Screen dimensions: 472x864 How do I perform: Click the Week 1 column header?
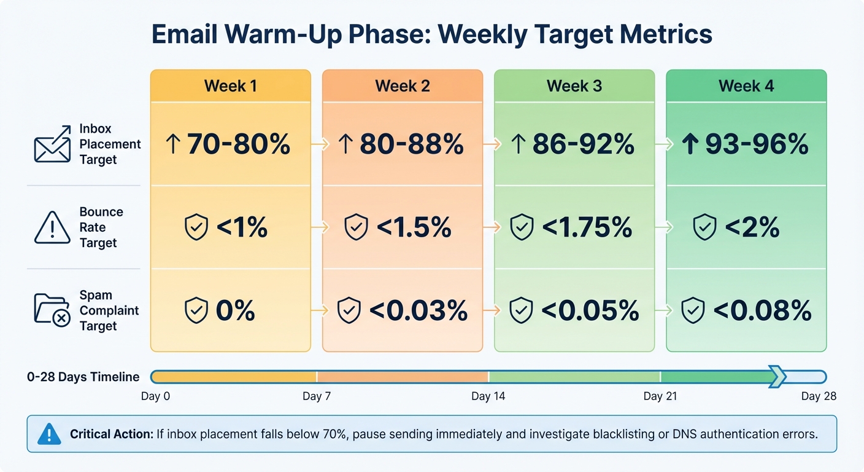pyautogui.click(x=230, y=86)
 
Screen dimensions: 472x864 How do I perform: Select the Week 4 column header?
pyautogui.click(x=746, y=86)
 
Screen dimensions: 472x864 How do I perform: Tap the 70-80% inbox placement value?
pyautogui.click(x=238, y=144)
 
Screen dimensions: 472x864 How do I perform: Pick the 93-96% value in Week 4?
pyautogui.click(x=756, y=144)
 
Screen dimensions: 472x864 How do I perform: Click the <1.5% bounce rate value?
pyautogui.click(x=414, y=227)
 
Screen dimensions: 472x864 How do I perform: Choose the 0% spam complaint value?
pyautogui.click(x=235, y=310)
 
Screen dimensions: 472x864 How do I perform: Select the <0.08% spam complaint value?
pyautogui.click(x=762, y=310)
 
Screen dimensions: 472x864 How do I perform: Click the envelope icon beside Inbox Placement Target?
pyautogui.click(x=52, y=144)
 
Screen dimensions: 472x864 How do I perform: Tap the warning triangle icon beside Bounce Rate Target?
pyautogui.click(x=52, y=228)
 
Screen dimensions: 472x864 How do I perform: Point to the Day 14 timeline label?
pyautogui.click(x=488, y=396)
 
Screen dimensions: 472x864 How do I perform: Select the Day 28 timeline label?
pyautogui.click(x=819, y=396)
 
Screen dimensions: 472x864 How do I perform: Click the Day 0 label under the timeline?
pyautogui.click(x=155, y=396)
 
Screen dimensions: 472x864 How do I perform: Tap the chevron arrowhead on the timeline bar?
pyautogui.click(x=777, y=377)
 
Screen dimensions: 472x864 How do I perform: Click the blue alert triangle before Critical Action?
pyautogui.click(x=50, y=434)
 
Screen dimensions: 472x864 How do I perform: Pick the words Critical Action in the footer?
pyautogui.click(x=111, y=435)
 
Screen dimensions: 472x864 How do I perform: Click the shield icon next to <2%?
pyautogui.click(x=705, y=227)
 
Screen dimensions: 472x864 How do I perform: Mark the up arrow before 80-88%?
pyautogui.click(x=345, y=144)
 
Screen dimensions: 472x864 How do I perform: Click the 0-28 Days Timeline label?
pyautogui.click(x=83, y=377)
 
